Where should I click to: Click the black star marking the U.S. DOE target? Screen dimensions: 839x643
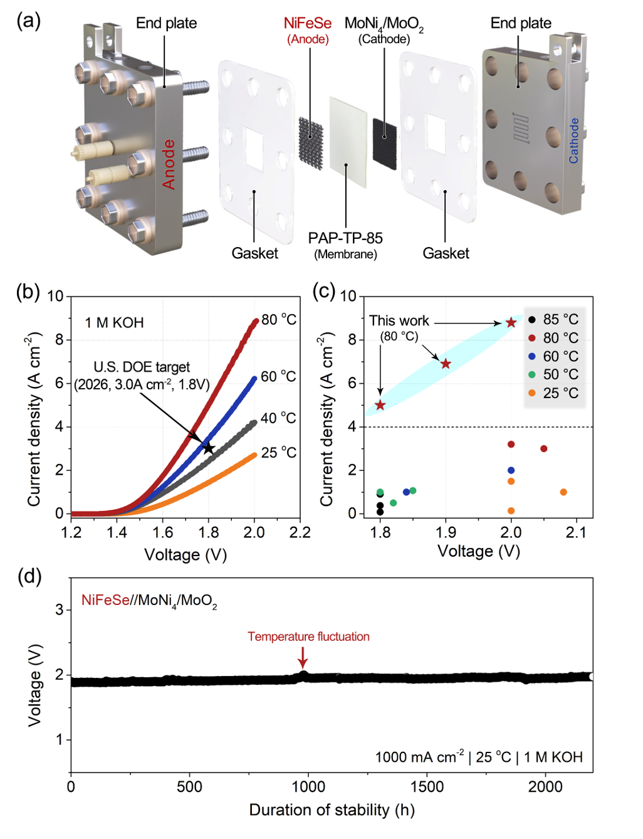click(x=209, y=448)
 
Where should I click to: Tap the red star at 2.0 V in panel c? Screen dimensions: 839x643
click(x=511, y=322)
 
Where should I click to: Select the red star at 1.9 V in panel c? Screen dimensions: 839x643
click(x=446, y=364)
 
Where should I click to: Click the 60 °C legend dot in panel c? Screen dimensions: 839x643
click(x=532, y=356)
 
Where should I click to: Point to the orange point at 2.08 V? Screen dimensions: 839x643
click(x=563, y=492)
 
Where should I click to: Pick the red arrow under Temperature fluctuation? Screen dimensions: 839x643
click(x=303, y=657)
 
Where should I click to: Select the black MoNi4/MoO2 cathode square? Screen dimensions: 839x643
click(x=384, y=137)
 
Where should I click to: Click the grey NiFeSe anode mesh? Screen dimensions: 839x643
click(x=311, y=140)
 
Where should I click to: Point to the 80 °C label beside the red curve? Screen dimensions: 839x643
click(x=279, y=320)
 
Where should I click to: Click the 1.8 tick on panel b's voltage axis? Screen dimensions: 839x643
click(x=209, y=533)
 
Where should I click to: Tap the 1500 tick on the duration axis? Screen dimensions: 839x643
click(x=427, y=787)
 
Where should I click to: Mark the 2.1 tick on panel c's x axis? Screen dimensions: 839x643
click(x=576, y=533)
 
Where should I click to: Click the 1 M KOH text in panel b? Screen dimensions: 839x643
click(x=114, y=323)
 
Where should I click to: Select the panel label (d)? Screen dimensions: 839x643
click(x=29, y=576)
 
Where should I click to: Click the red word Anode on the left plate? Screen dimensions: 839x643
click(x=169, y=164)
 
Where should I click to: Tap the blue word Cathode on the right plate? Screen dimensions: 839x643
click(x=573, y=141)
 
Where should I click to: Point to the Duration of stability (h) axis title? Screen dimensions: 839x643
click(x=332, y=810)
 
